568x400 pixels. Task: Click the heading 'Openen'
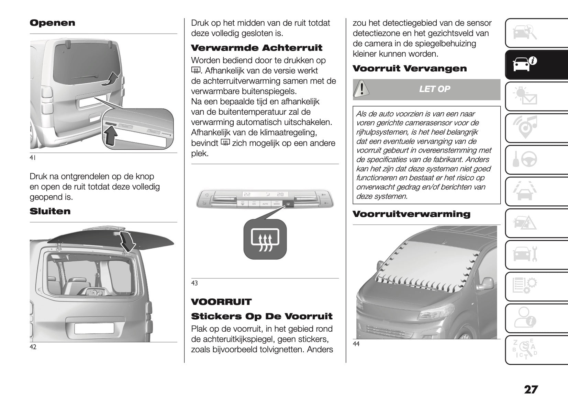pos(52,23)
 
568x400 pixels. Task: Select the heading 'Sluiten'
pos(50,211)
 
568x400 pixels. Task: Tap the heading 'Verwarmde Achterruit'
pos(256,48)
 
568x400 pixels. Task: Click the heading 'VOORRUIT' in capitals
pos(221,302)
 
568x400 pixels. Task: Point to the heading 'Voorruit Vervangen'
pos(410,68)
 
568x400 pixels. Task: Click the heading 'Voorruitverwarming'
pos(411,214)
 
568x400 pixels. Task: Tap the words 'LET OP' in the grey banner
pos(434,89)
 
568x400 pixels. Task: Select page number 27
pos(531,390)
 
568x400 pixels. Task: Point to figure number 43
pos(194,283)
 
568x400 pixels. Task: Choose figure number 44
pos(356,344)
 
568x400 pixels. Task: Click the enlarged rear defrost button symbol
pos(265,239)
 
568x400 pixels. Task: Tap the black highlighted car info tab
pos(536,65)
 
